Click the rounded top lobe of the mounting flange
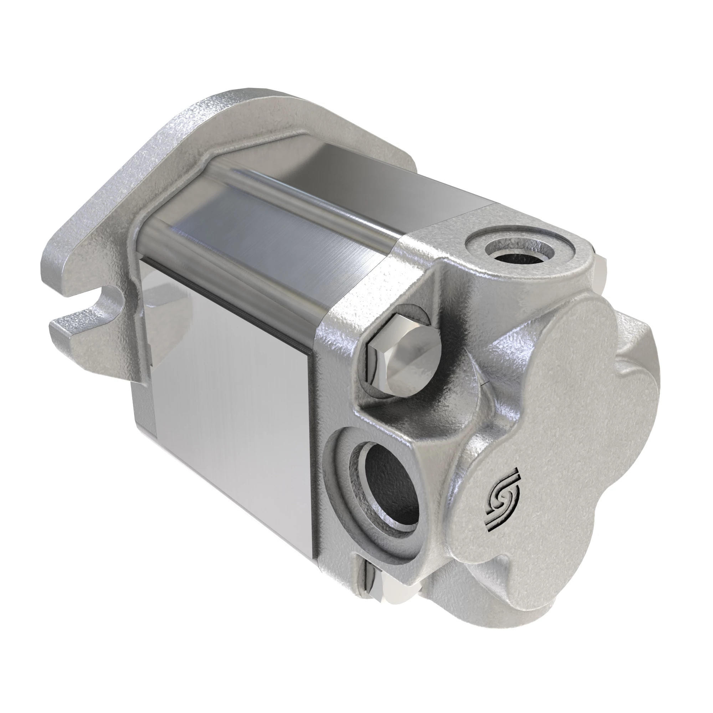click(x=236, y=107)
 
